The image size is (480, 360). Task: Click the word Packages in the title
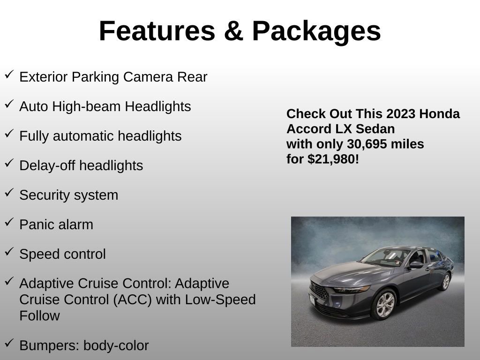[316, 31]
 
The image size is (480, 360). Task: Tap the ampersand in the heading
[233, 31]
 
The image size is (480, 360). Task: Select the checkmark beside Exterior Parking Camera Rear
[9, 75]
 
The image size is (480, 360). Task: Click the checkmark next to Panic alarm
[9, 223]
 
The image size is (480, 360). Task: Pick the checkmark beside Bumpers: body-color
[9, 344]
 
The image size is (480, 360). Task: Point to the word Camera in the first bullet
[148, 77]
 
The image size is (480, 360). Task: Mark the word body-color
[116, 345]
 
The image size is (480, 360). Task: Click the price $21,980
[333, 159]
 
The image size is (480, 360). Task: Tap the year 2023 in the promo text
[401, 114]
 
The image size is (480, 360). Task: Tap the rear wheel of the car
[445, 281]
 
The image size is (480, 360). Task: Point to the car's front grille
[319, 292]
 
